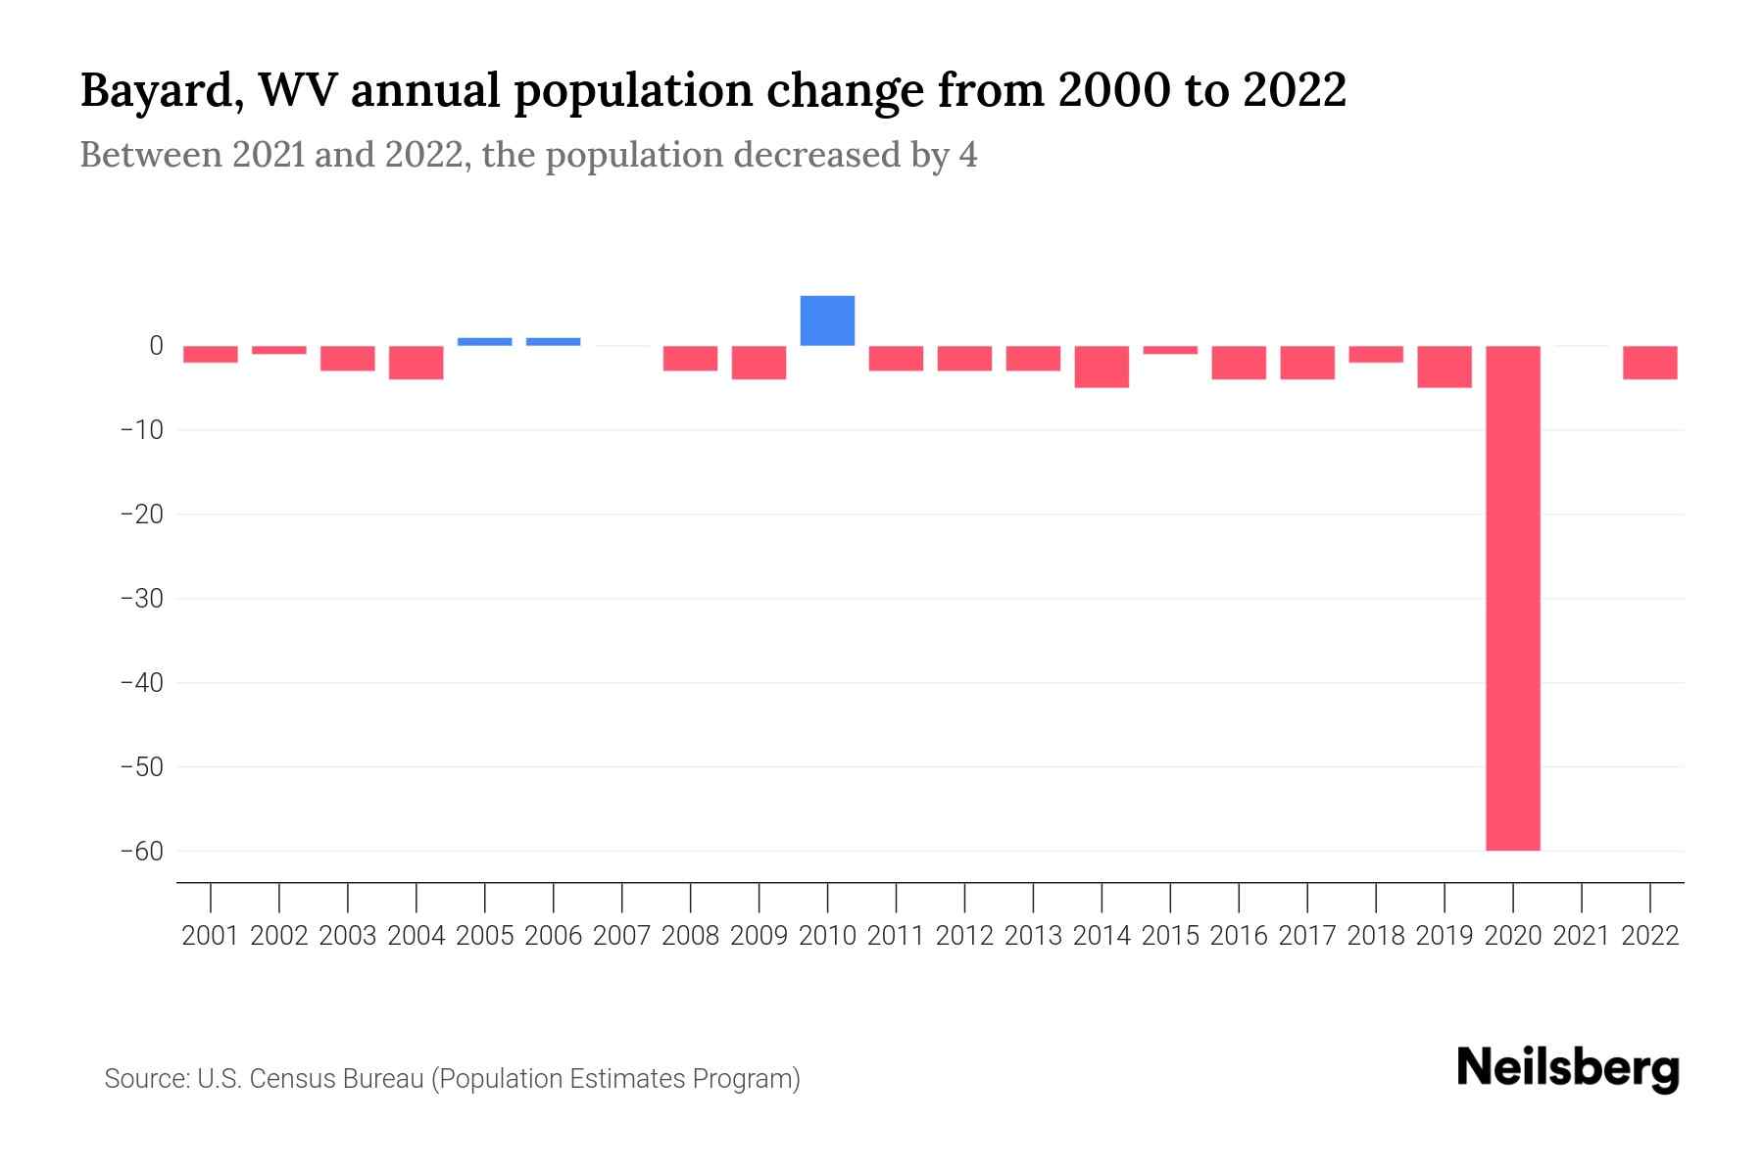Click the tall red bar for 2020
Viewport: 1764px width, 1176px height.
click(1512, 598)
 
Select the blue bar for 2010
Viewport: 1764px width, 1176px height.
click(827, 320)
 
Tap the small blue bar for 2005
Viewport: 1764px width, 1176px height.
click(484, 341)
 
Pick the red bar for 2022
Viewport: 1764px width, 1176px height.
click(1649, 363)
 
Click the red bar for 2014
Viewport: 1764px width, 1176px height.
click(1102, 367)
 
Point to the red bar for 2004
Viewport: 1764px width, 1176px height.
click(416, 363)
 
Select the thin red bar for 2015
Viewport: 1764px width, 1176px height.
click(1170, 350)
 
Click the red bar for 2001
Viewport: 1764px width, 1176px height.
click(211, 354)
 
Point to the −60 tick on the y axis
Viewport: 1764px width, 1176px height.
click(142, 851)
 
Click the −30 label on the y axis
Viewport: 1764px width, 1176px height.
click(142, 598)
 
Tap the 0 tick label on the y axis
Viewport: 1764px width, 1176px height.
click(156, 345)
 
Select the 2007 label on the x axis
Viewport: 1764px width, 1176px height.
click(621, 936)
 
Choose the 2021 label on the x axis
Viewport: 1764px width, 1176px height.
click(1581, 936)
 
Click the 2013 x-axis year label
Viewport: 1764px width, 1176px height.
click(1033, 936)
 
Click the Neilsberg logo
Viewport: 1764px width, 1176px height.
click(1567, 1068)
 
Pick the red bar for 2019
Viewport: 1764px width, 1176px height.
click(1444, 367)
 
